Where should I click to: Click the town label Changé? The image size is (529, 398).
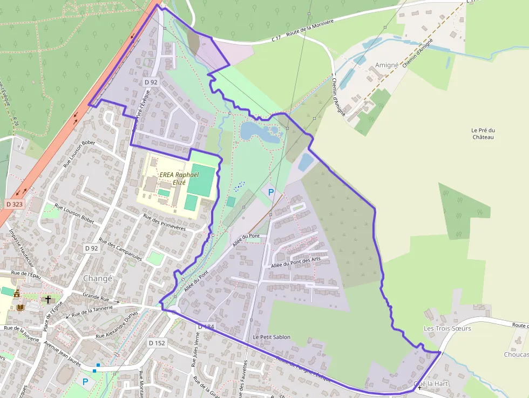(98, 279)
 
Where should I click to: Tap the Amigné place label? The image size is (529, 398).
(386, 65)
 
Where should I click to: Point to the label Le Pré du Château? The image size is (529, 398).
(483, 133)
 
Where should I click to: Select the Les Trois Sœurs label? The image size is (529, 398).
(447, 328)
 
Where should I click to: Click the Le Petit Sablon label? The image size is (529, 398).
(272, 337)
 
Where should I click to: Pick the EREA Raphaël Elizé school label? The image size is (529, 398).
(179, 178)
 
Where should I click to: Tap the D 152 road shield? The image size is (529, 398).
(157, 343)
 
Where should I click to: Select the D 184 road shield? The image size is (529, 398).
(206, 327)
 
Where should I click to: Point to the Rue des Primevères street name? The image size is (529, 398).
(164, 222)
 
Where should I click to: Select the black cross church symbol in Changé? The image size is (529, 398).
(48, 299)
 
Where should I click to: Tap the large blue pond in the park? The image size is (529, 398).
(258, 131)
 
